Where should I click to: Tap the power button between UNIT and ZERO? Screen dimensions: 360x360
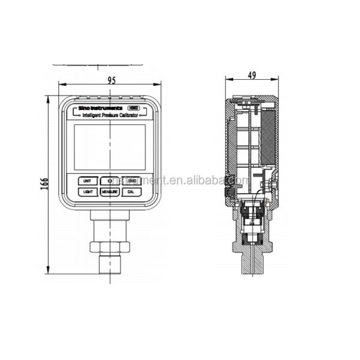point(109,181)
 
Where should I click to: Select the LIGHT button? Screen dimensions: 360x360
point(88,192)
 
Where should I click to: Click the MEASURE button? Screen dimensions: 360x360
point(109,192)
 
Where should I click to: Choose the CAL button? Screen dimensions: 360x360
point(131,192)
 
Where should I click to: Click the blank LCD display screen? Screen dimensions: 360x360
point(109,146)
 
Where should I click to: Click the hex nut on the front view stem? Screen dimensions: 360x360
point(109,246)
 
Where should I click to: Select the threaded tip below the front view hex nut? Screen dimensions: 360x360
point(109,263)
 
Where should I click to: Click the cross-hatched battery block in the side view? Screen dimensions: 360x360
point(268,135)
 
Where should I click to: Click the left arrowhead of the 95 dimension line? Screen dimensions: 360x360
point(61,85)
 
